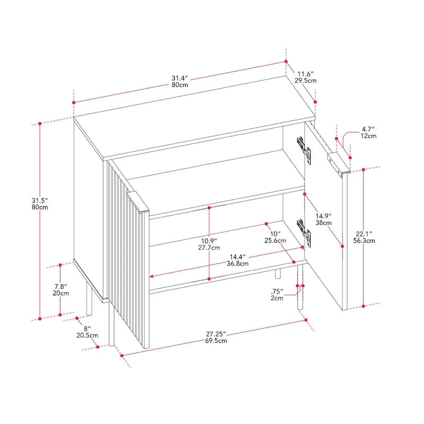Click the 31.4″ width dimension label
[x=180, y=78]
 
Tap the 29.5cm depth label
[x=306, y=81]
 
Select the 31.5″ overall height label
[x=40, y=200]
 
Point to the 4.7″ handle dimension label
[x=368, y=129]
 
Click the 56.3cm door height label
[x=364, y=241]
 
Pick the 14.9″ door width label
[x=323, y=216]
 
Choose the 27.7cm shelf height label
[x=209, y=248]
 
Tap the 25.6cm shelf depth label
[x=275, y=241]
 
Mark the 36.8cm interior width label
[x=237, y=263]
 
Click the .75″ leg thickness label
[x=277, y=291]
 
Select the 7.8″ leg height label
[x=61, y=286]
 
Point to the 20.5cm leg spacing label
[x=87, y=335]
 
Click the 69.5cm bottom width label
[x=216, y=341]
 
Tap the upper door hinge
[x=304, y=150]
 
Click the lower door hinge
[x=304, y=233]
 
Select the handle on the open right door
[x=339, y=164]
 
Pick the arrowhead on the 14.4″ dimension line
[x=152, y=276]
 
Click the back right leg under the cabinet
[x=278, y=273]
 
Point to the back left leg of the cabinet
[x=89, y=299]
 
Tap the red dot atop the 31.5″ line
[x=40, y=123]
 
